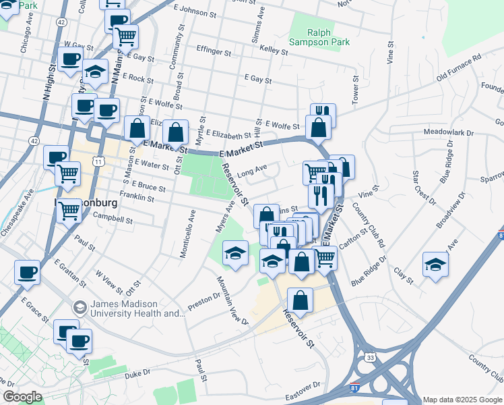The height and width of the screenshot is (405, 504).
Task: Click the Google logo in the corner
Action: [x=22, y=397]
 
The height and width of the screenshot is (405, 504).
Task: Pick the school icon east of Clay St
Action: [x=435, y=264]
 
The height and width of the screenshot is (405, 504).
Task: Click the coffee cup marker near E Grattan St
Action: [x=27, y=272]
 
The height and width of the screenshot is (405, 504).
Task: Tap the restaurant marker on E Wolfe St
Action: [x=323, y=113]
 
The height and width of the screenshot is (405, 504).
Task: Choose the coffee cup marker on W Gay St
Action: [x=69, y=59]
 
